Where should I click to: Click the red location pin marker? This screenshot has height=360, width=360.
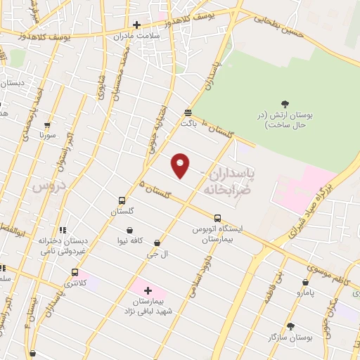tap(181, 164)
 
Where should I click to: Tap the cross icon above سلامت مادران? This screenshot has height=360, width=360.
tap(136, 25)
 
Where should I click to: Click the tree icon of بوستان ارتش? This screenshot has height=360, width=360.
tap(285, 105)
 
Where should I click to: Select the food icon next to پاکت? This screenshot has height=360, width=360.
tap(188, 112)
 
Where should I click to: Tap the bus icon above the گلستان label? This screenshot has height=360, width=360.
tap(122, 200)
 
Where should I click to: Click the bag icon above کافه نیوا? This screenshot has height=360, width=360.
tap(130, 230)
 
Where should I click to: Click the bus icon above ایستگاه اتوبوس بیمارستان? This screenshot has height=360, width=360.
tap(217, 218)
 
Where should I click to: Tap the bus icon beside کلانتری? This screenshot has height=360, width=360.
tap(75, 272)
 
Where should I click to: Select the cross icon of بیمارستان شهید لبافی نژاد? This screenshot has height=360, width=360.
tap(148, 290)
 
